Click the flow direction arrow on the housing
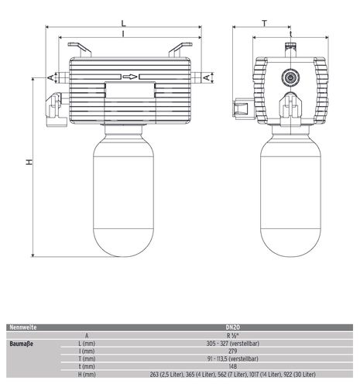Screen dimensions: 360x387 tap(130, 77)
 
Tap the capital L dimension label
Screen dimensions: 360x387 tap(124, 23)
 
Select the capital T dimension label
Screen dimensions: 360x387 tap(265, 23)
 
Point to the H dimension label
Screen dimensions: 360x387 tap(29, 162)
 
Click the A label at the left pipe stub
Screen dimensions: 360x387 tap(51, 77)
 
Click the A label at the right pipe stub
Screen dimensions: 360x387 tap(207, 77)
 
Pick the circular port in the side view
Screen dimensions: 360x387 tap(290, 77)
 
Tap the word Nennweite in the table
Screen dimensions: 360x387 tap(23, 327)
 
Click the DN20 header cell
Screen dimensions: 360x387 tap(233, 327)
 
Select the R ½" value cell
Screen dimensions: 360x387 tap(233, 336)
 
